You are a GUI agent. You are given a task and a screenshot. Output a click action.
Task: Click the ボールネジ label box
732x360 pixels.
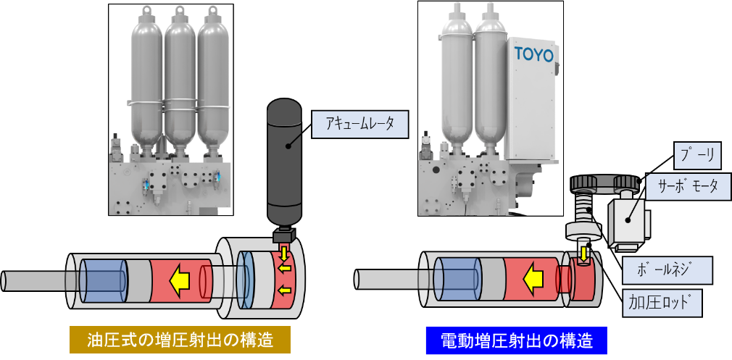pos(667,270)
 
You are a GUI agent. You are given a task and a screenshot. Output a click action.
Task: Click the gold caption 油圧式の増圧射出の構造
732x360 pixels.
pos(180,339)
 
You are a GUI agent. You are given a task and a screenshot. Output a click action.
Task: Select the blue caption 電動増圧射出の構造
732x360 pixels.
pos(516,339)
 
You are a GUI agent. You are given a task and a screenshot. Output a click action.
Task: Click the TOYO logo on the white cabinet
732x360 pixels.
pos(533,54)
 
